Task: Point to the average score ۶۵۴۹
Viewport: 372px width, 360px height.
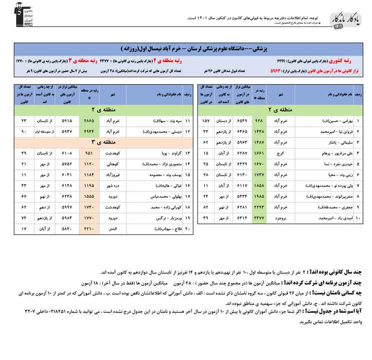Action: pos(241,121)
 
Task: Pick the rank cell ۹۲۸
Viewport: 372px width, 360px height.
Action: pos(259,121)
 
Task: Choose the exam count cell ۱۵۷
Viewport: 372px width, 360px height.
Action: pos(205,121)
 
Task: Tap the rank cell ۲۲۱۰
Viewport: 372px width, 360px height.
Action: pos(88,229)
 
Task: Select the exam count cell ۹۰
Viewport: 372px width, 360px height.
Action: pos(23,131)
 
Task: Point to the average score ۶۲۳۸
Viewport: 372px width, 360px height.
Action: pos(66,196)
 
